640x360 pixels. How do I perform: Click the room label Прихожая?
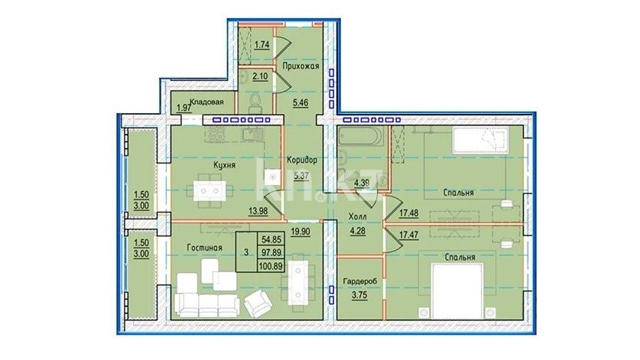[x=301, y=66]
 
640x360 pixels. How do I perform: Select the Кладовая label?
[x=206, y=102]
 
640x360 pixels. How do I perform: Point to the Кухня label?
[x=224, y=165]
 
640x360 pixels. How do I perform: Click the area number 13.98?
[x=258, y=211]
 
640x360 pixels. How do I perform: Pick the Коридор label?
[x=301, y=160]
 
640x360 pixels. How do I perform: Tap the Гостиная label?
[x=204, y=248]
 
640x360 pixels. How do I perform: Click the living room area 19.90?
[x=301, y=232]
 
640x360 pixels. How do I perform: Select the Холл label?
[x=357, y=217]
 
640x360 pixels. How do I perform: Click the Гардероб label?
[x=359, y=281]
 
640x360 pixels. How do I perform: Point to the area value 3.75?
[x=359, y=297]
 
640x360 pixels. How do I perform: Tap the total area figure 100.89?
[x=271, y=267]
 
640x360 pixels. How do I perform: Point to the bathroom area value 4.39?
[x=362, y=183]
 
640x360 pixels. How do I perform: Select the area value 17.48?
[x=408, y=212]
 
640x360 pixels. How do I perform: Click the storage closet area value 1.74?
[x=262, y=44]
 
